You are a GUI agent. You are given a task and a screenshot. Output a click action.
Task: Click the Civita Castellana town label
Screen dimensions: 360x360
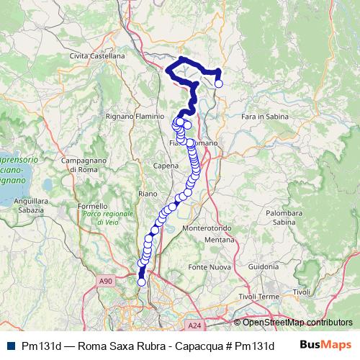click(x=98, y=55)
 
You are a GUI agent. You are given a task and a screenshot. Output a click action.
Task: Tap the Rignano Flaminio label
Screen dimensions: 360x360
click(x=130, y=115)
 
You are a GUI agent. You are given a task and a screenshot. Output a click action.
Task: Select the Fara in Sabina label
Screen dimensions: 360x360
click(x=266, y=115)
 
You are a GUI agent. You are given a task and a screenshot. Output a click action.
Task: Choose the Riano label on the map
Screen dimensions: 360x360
click(x=147, y=194)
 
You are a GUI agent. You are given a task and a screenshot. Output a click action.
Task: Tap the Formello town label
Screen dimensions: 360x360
click(x=92, y=206)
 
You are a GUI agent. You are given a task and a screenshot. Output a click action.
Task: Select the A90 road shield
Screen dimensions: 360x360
click(x=107, y=281)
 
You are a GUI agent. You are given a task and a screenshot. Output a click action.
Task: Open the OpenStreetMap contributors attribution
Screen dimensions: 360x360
click(x=297, y=322)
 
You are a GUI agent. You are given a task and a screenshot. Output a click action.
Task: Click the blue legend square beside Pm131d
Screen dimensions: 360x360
click(x=9, y=346)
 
